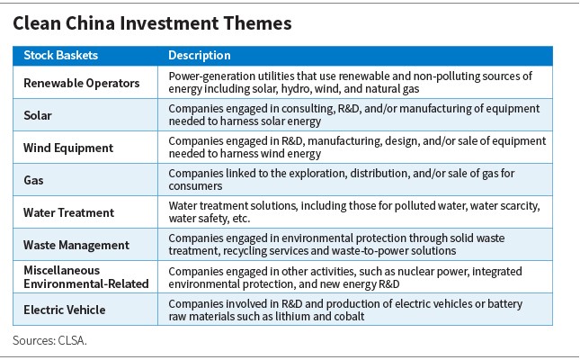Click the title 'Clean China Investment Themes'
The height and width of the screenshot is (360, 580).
152,23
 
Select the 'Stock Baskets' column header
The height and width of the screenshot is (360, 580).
60,55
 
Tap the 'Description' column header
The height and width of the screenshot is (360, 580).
200,55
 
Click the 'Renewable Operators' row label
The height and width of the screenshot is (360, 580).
81,83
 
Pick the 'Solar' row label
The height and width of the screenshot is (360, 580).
38,115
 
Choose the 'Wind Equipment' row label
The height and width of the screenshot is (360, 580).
68,148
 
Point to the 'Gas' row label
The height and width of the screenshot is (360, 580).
33,180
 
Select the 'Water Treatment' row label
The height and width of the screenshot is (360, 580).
69,212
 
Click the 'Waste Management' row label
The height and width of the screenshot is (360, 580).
76,245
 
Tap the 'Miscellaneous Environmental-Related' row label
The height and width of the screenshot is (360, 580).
85,277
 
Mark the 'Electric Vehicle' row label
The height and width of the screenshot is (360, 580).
65,310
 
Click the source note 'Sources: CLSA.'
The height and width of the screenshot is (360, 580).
49,340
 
